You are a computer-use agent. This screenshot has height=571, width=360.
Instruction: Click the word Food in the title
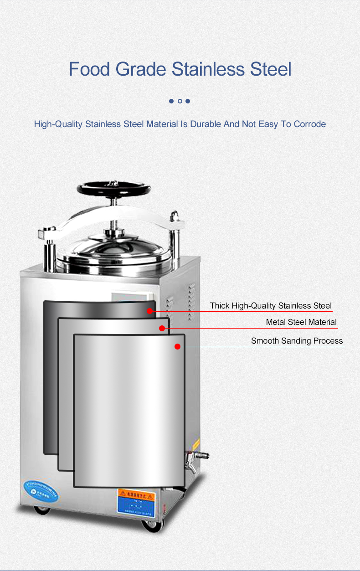pyautogui.click(x=89, y=69)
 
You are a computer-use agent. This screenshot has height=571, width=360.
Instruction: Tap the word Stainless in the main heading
pyautogui.click(x=208, y=69)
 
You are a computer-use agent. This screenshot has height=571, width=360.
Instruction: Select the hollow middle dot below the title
pyautogui.click(x=180, y=101)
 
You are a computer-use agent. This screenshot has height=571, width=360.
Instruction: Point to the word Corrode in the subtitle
pyautogui.click(x=309, y=124)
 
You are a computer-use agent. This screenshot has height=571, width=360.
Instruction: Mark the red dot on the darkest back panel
pyautogui.click(x=149, y=311)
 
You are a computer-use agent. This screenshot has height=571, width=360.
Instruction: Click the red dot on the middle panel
pyautogui.click(x=162, y=328)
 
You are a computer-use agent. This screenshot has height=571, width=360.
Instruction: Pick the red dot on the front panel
pyautogui.click(x=177, y=347)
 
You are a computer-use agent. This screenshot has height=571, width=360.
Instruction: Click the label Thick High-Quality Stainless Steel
pyautogui.click(x=271, y=305)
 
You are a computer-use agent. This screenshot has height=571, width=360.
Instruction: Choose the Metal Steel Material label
pyautogui.click(x=301, y=322)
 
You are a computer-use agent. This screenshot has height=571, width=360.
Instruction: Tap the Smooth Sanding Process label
pyautogui.click(x=297, y=341)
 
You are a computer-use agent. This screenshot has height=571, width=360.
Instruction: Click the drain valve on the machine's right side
pyautogui.click(x=196, y=457)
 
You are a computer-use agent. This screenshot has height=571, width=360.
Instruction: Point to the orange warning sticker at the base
pyautogui.click(x=136, y=494)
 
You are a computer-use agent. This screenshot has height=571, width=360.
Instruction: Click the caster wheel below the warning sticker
pyautogui.click(x=152, y=525)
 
